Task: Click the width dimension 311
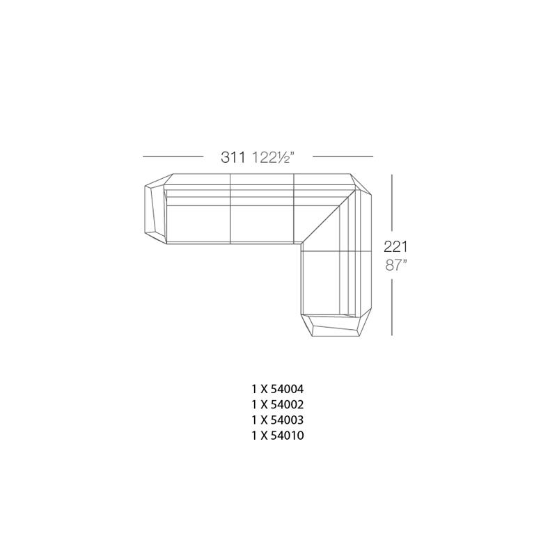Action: point(233,157)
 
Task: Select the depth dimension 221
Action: point(395,246)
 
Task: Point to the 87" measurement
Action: point(395,265)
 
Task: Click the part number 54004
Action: point(287,389)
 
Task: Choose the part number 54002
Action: point(287,404)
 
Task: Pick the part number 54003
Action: point(287,420)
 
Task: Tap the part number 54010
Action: point(287,436)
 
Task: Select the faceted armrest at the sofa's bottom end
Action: point(336,325)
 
